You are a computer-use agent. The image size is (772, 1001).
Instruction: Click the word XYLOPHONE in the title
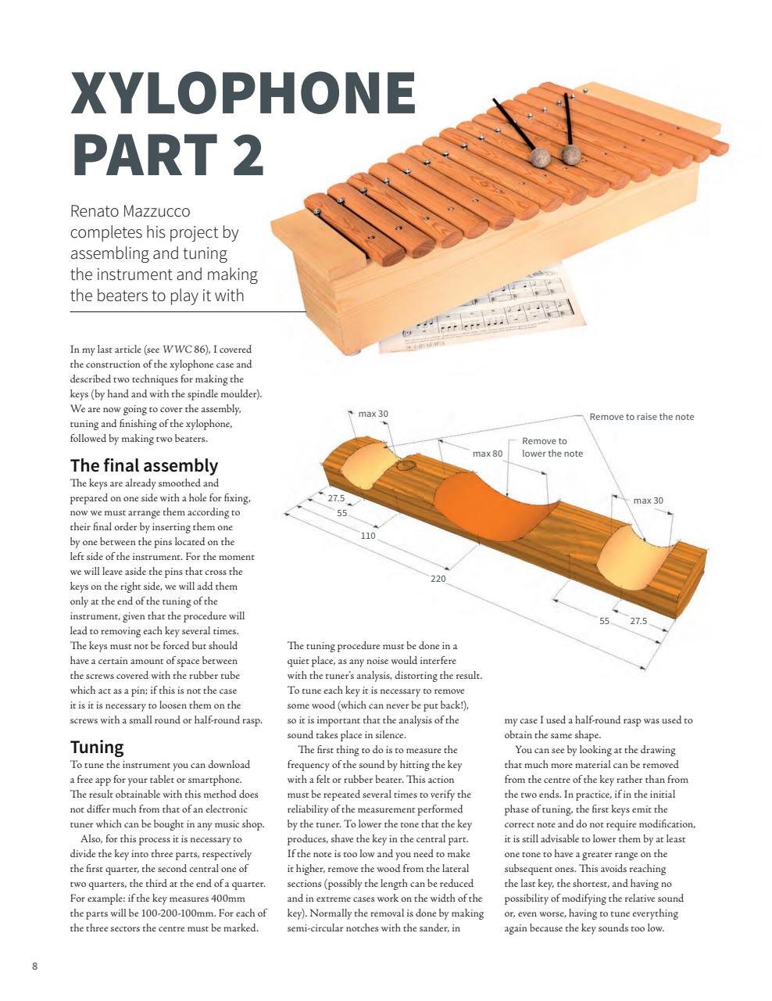[243, 94]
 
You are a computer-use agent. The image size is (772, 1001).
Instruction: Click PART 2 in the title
[168, 154]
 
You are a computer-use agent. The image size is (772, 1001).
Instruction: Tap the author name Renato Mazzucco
[130, 211]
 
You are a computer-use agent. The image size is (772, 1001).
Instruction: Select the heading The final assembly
[144, 466]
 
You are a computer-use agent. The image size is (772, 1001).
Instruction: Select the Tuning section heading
[97, 747]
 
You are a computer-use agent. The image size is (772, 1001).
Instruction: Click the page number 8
[34, 966]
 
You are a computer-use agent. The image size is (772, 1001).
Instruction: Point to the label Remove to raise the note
[641, 417]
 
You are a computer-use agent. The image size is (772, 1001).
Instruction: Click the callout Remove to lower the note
[552, 447]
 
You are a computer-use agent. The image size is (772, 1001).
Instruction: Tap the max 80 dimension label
[487, 454]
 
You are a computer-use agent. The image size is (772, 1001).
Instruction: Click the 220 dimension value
[438, 579]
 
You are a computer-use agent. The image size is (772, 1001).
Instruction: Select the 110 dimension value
[368, 536]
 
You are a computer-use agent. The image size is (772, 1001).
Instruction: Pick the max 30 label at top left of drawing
[373, 414]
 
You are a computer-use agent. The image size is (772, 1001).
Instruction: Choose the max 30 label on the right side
[648, 500]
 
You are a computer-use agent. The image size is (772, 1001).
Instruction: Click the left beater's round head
[539, 158]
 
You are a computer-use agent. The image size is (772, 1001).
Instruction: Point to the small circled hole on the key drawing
[405, 465]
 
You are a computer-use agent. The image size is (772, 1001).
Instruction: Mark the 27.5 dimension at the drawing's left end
[336, 498]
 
